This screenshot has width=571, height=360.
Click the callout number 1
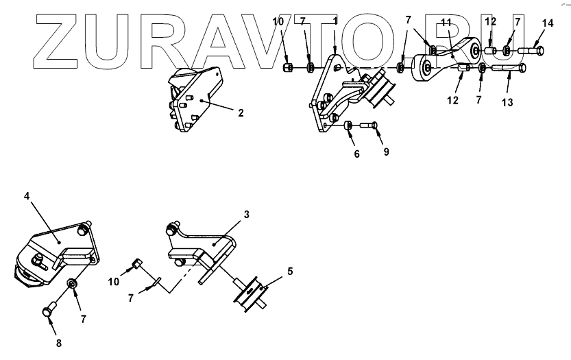[x=335, y=21]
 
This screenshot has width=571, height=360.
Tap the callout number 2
[x=241, y=112]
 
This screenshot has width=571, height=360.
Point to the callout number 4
[x=27, y=196]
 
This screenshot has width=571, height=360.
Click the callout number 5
[x=290, y=272]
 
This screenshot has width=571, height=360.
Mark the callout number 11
[x=446, y=23]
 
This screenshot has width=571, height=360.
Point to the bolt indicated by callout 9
[x=367, y=125]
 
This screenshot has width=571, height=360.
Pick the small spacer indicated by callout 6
[x=348, y=125]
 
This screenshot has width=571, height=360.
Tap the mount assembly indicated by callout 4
[x=58, y=254]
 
